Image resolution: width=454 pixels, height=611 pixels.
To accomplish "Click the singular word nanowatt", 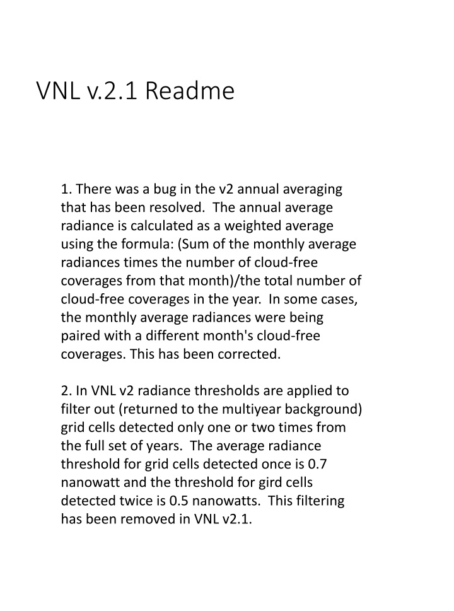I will (x=90, y=482).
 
